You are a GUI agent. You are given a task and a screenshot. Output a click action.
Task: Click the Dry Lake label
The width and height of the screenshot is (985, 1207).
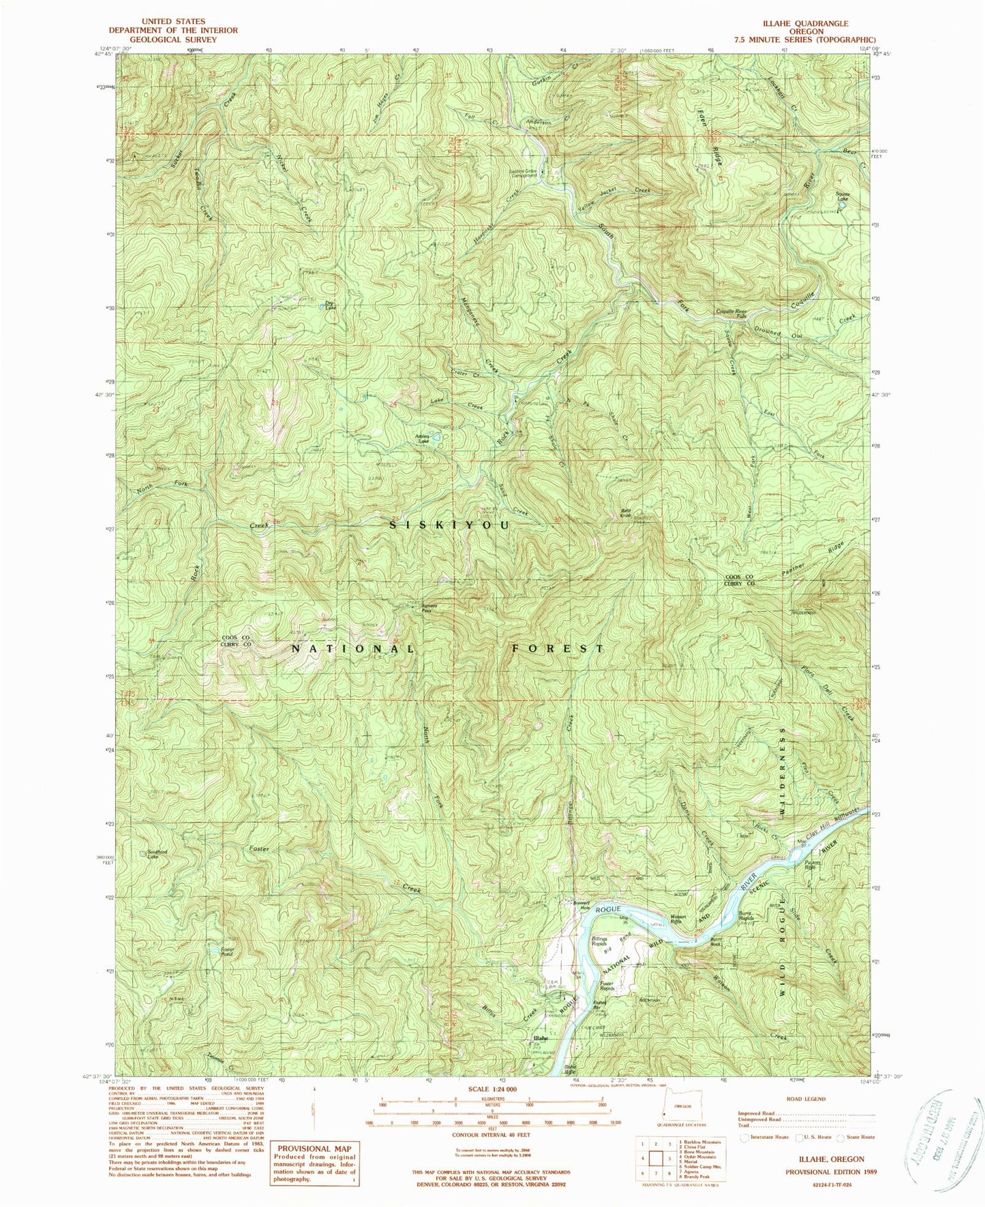pos(330,306)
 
